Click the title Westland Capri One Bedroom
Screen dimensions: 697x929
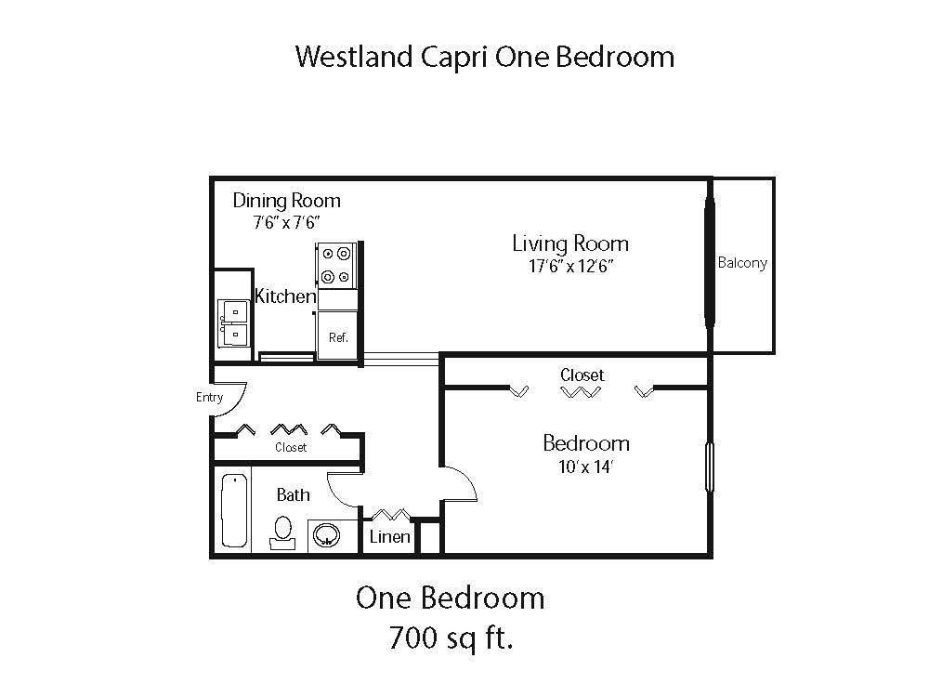click(484, 58)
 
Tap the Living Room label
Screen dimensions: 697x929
click(570, 243)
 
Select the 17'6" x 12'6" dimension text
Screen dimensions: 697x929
click(570, 267)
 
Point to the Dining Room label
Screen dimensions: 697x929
click(286, 201)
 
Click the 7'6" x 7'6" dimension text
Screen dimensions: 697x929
click(286, 223)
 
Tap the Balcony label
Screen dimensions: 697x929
click(742, 263)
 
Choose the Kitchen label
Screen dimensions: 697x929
click(285, 296)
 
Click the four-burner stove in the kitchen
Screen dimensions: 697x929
click(334, 264)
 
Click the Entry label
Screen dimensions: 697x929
click(210, 398)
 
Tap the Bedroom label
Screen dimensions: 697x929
click(586, 443)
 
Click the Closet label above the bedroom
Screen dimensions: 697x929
click(582, 375)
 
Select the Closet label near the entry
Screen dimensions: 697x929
click(291, 448)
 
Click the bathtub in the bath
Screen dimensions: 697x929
click(234, 509)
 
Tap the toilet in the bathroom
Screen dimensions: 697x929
click(281, 532)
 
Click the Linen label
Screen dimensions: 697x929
click(389, 537)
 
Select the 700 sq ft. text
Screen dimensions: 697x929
click(450, 638)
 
